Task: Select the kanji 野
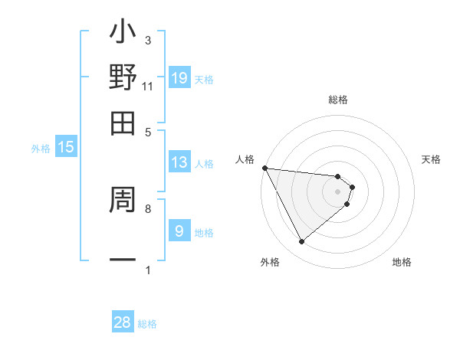click(x=123, y=77)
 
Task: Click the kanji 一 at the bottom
click(x=123, y=260)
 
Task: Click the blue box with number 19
click(x=179, y=77)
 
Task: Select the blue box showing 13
click(x=179, y=162)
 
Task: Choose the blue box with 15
click(x=66, y=148)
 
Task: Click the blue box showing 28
click(x=123, y=322)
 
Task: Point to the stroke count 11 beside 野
click(x=148, y=86)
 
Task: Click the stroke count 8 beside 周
click(x=148, y=208)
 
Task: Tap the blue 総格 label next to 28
click(x=148, y=324)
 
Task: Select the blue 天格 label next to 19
click(x=204, y=80)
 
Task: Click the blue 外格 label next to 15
click(x=40, y=149)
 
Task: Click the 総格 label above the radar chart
click(x=338, y=100)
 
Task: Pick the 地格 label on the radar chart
click(x=402, y=262)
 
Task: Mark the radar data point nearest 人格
click(x=264, y=168)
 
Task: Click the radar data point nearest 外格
click(x=301, y=242)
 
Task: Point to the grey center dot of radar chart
click(x=338, y=191)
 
